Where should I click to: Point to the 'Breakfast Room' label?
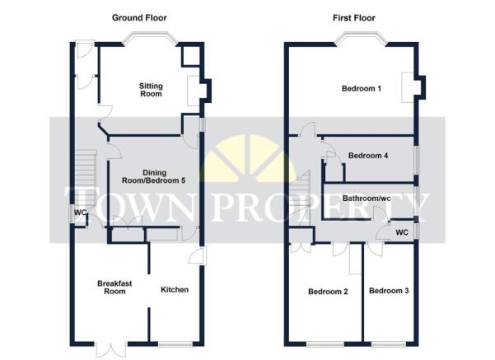[x=111, y=287]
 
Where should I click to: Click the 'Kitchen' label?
[x=175, y=289]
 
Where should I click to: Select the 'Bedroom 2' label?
[x=328, y=291]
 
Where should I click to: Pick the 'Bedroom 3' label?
[x=389, y=291]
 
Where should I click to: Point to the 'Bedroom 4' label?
[x=368, y=155]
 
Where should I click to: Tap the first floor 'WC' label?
[x=402, y=232]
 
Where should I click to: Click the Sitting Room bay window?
[x=148, y=40]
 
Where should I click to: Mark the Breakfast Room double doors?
[x=109, y=349]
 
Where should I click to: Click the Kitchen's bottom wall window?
[x=174, y=343]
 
